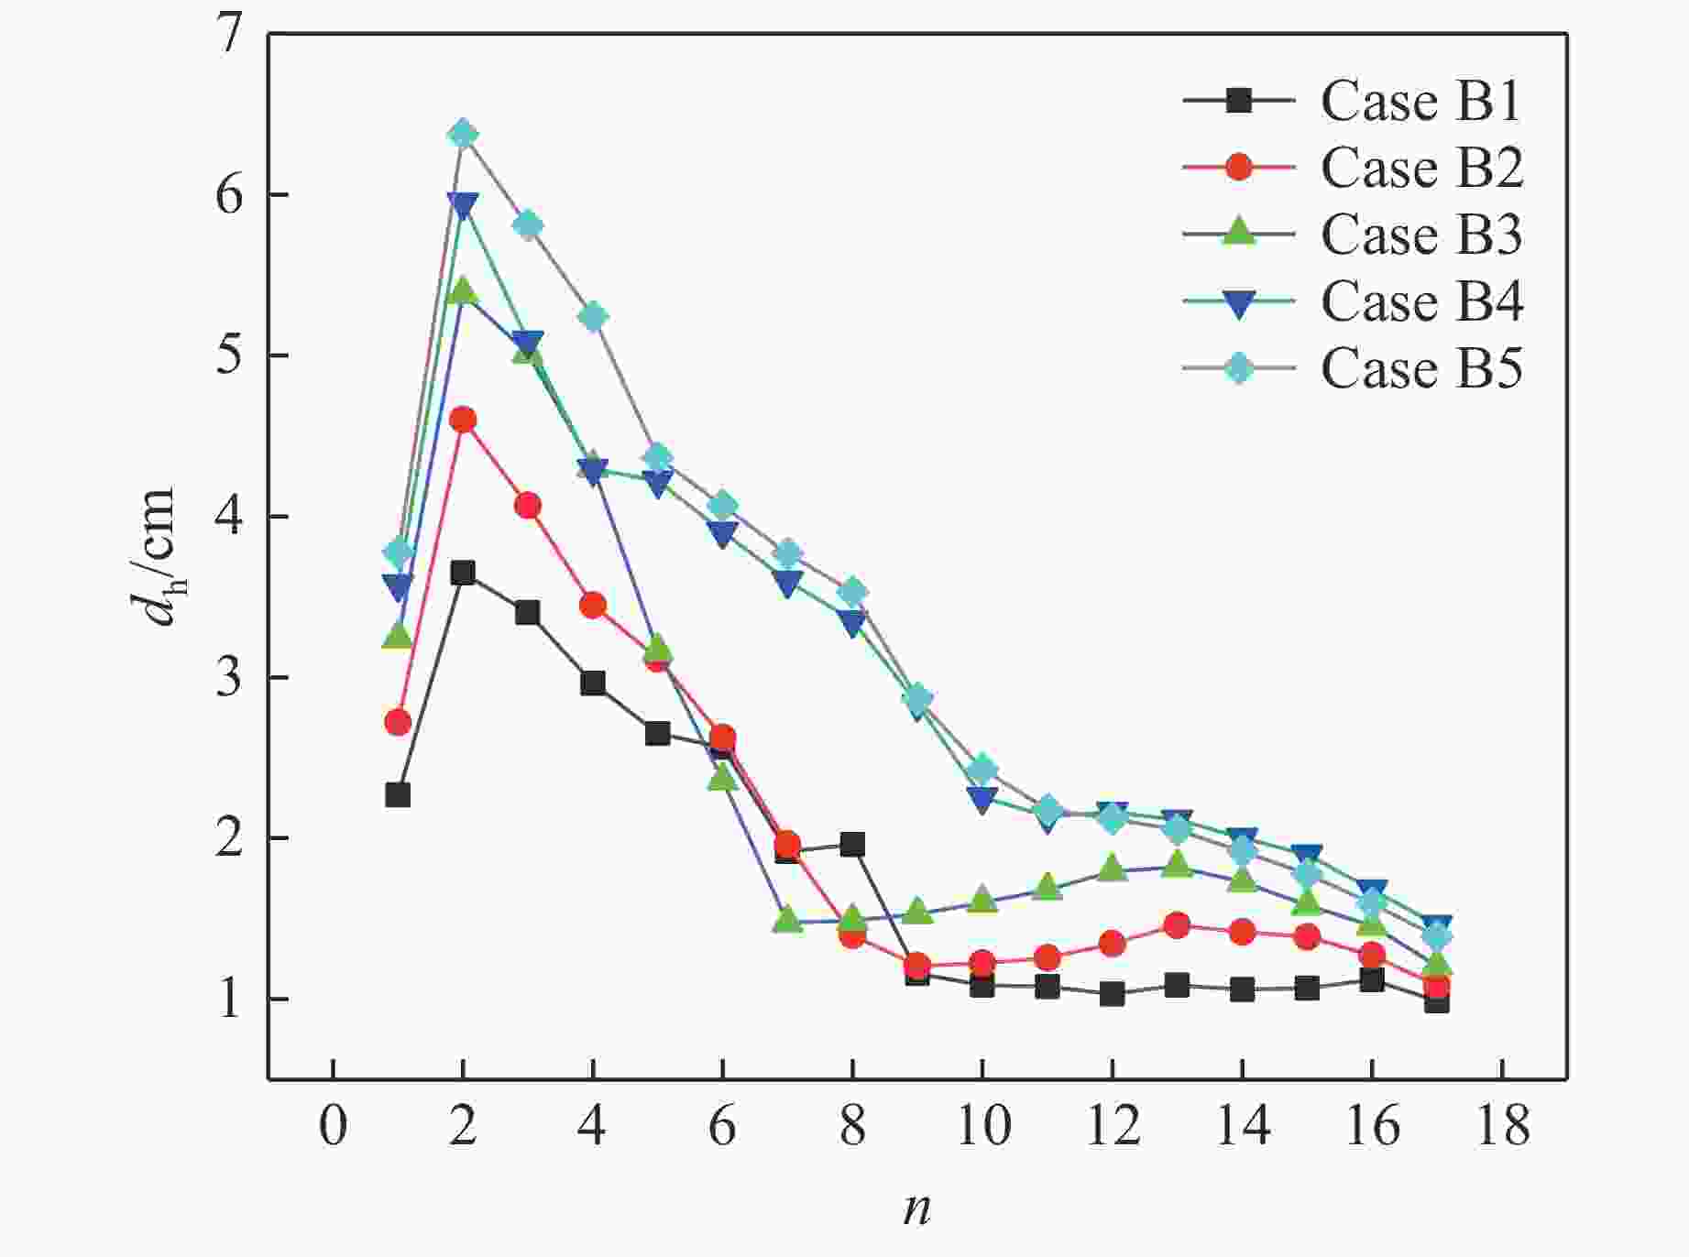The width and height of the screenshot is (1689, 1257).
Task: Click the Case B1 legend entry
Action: coord(1420,101)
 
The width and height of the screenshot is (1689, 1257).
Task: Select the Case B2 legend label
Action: coord(1421,168)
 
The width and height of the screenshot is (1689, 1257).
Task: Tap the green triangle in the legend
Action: coord(1239,231)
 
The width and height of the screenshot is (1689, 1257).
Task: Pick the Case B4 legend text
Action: coord(1421,301)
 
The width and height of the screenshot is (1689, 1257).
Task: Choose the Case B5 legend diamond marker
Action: coord(1239,367)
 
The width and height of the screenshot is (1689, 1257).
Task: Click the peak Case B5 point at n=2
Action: coord(463,134)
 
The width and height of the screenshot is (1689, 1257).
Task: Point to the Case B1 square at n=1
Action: coord(398,794)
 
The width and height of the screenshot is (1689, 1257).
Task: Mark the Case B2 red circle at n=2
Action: coord(463,421)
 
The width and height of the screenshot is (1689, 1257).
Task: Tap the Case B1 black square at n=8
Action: coord(852,845)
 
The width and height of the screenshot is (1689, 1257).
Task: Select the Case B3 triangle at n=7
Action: coord(787,919)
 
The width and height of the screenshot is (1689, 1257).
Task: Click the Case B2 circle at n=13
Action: coord(1177,925)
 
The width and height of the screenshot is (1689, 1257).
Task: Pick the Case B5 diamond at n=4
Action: coord(593,317)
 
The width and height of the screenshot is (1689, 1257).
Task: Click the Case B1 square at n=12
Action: coord(1112,993)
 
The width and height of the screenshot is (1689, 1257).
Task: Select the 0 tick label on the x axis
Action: coord(334,1125)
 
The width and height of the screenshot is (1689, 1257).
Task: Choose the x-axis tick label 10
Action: coord(982,1125)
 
